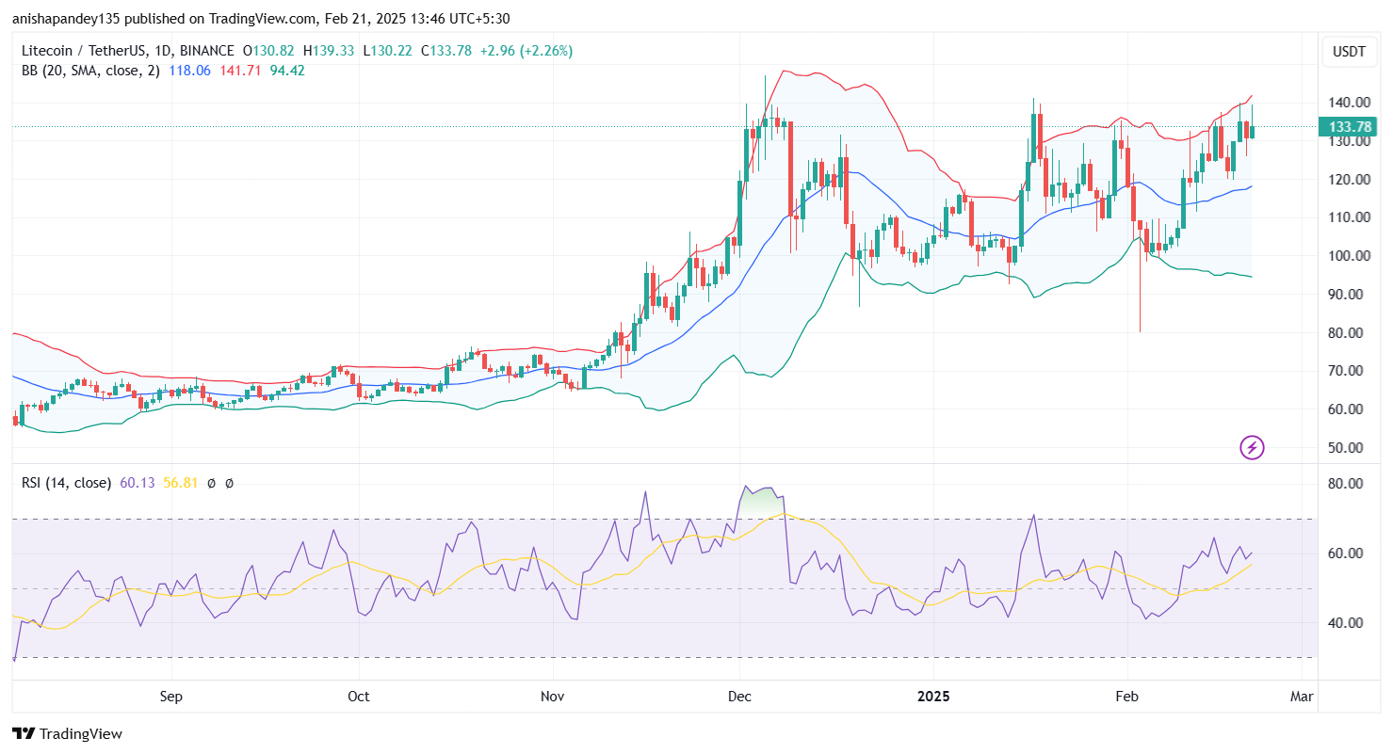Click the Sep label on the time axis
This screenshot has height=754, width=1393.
point(170,698)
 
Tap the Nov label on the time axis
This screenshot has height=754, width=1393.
point(553,698)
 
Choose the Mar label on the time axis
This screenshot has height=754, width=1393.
point(1302,698)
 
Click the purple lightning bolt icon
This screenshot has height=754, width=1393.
point(1252,447)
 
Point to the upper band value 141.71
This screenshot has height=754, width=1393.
point(240,71)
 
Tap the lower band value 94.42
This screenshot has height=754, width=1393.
point(287,71)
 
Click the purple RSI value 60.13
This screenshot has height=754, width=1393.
point(138,483)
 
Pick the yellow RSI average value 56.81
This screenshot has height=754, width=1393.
point(181,483)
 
